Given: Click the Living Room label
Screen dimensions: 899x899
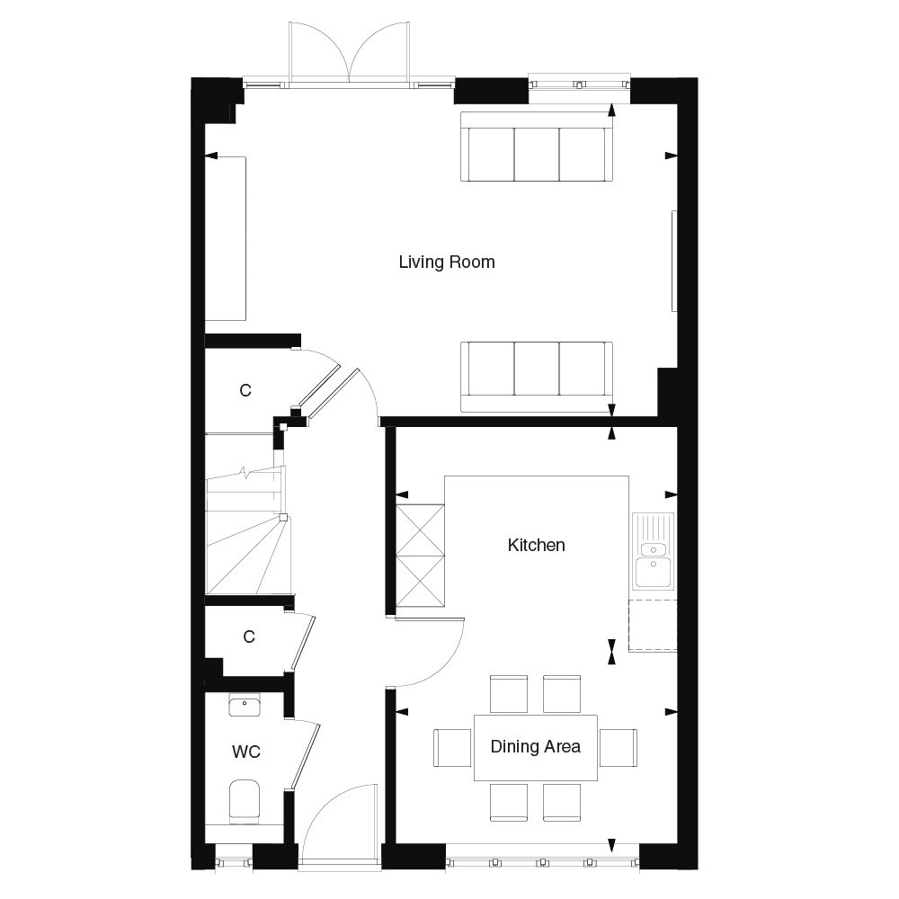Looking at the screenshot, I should (x=447, y=263).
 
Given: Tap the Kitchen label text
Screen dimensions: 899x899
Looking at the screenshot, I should (x=536, y=545).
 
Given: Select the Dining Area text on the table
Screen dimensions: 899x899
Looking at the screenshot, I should (x=535, y=746).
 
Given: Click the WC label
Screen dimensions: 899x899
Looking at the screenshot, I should (x=245, y=752).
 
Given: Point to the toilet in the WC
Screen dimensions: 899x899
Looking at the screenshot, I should (x=244, y=800).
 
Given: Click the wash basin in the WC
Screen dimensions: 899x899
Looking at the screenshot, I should (x=244, y=706).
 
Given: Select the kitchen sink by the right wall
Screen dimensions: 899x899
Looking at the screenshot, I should (x=652, y=550).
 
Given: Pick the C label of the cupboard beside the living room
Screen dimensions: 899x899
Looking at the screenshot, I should (x=245, y=391).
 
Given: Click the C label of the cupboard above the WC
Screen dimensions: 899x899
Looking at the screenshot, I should (x=249, y=636).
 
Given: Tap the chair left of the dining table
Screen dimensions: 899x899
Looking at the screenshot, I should (x=452, y=747).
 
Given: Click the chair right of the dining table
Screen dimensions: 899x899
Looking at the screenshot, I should (x=619, y=747).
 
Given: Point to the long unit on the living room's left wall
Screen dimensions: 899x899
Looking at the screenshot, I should (x=226, y=238).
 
